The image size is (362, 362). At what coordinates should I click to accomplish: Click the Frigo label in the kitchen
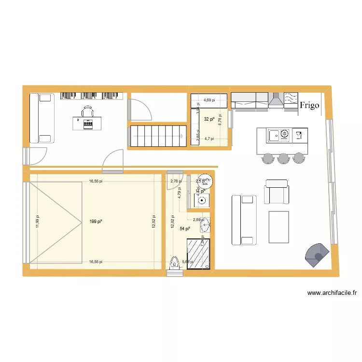309,105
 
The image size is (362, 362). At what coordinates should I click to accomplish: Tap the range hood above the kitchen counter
276,100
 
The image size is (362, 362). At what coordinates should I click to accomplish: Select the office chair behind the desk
88,111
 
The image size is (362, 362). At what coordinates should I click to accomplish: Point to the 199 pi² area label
96,222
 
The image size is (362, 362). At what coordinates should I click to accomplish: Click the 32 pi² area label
209,119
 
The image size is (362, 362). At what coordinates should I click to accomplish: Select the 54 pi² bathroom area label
184,229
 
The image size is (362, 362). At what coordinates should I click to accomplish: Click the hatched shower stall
199,253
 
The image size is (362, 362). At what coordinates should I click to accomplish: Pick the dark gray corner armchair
318,254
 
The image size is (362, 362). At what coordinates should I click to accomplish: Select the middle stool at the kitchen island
283,158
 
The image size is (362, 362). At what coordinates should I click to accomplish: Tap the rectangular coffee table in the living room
278,227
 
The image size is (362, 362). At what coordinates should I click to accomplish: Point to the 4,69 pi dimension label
209,100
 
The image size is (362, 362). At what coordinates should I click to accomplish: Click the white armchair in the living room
277,192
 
